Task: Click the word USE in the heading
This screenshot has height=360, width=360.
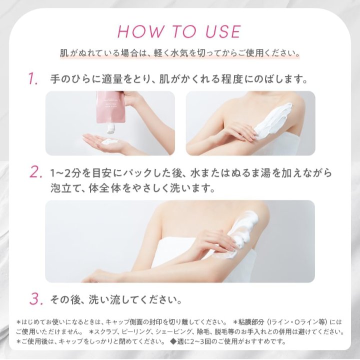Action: coord(223,31)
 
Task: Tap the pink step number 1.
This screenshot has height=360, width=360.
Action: coord(33,79)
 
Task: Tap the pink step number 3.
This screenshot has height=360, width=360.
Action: coord(36,299)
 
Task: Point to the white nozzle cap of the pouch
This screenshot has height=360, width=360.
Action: coord(111,128)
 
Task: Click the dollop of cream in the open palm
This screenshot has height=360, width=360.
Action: coord(109,141)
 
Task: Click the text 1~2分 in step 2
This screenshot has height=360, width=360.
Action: coord(64,173)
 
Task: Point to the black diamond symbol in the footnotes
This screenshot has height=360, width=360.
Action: coord(173,341)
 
